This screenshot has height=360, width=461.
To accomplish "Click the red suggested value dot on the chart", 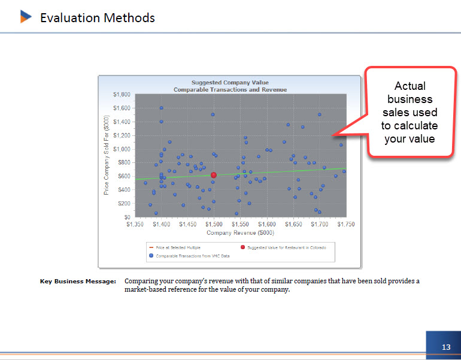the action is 214,175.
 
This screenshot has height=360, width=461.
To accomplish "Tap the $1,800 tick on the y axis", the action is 122,95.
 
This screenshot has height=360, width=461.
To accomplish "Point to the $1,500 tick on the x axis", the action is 214,224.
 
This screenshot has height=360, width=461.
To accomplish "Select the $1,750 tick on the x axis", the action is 346,224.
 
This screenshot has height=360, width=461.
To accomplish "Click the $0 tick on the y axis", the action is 127,217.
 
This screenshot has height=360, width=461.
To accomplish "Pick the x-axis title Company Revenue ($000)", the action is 240,232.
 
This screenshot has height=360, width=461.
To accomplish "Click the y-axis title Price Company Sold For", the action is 106,155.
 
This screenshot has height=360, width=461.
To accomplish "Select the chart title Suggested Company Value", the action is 230,82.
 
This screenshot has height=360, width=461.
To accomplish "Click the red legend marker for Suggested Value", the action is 242,247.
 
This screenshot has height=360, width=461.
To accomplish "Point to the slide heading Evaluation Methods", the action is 98,18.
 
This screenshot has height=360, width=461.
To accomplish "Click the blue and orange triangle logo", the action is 26,16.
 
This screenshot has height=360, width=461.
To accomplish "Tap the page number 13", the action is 446,347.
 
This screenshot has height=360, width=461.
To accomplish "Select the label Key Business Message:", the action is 78,281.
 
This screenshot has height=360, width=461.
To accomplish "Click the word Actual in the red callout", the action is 410,86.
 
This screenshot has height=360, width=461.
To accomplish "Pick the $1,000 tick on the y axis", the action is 122,149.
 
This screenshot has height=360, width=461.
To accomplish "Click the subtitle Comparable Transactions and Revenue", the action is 230,89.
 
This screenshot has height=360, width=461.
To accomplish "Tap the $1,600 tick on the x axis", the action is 267,224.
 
